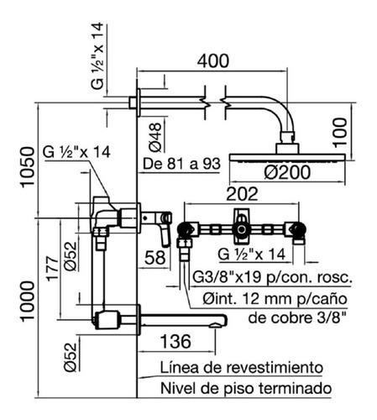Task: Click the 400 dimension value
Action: pyautogui.click(x=213, y=60)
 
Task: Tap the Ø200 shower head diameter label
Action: pyautogui.click(x=287, y=172)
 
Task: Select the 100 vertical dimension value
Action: pyautogui.click(x=340, y=132)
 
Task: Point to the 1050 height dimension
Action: pyautogui.click(x=28, y=166)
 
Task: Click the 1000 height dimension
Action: pyautogui.click(x=28, y=301)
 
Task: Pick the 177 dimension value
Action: pyautogui.click(x=52, y=268)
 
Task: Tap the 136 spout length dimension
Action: pyautogui.click(x=175, y=341)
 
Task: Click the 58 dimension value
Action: pyautogui.click(x=154, y=258)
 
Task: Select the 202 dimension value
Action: pyautogui.click(x=242, y=194)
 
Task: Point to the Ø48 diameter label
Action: pyautogui.click(x=155, y=137)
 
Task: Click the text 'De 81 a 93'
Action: pyautogui.click(x=181, y=164)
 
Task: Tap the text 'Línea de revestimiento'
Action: pyautogui.click(x=242, y=367)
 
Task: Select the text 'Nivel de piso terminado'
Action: pyautogui.click(x=246, y=388)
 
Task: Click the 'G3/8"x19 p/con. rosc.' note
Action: pyautogui.click(x=272, y=277)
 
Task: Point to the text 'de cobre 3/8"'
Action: pyautogui.click(x=297, y=318)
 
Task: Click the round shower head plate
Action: pyautogui.click(x=287, y=158)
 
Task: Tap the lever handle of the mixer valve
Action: pyautogui.click(x=166, y=229)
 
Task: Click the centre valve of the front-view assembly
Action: pyautogui.click(x=241, y=229)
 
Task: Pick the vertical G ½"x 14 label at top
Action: pyautogui.click(x=97, y=56)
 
